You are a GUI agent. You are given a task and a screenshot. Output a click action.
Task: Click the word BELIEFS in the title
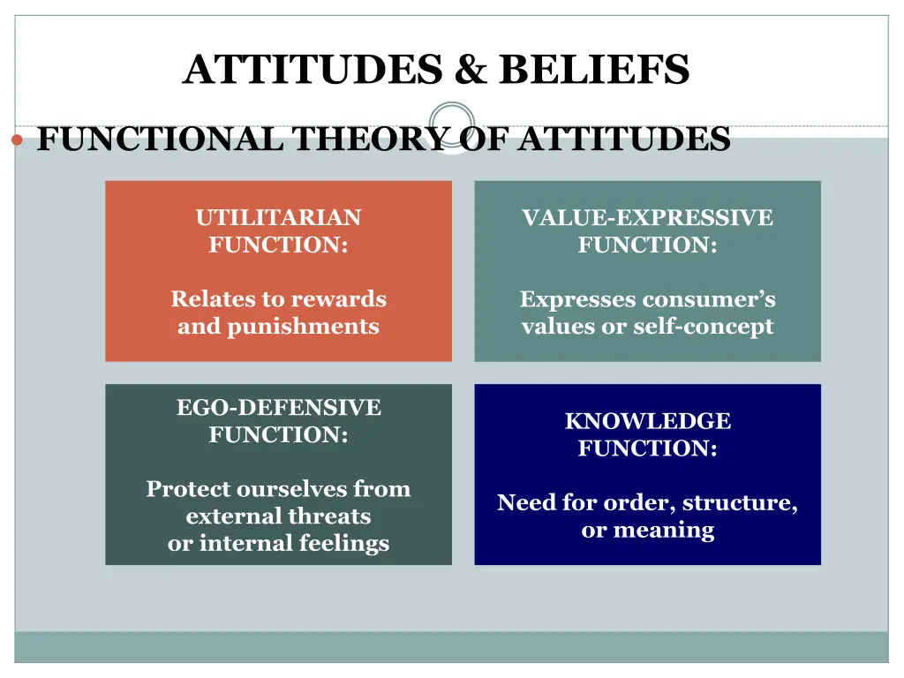pyautogui.click(x=593, y=70)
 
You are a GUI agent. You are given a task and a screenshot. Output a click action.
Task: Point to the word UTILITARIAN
pyautogui.click(x=278, y=218)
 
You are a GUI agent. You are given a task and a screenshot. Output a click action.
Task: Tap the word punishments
pyautogui.click(x=303, y=327)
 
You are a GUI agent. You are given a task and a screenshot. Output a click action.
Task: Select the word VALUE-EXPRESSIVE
pyautogui.click(x=647, y=218)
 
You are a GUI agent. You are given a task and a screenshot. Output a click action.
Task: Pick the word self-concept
pyautogui.click(x=710, y=327)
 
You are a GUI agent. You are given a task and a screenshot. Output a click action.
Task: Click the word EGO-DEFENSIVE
pyautogui.click(x=278, y=408)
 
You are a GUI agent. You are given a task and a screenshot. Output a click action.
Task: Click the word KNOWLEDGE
pyautogui.click(x=647, y=421)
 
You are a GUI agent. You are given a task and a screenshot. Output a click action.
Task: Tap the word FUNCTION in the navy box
pyautogui.click(x=644, y=448)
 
